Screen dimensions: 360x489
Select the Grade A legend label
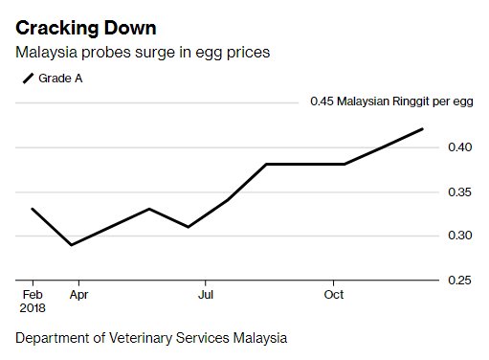coord(60,78)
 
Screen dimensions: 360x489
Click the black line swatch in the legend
coord(26,78)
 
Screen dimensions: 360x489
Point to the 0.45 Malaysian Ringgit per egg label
coord(390,101)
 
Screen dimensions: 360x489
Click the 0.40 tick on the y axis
coord(461,146)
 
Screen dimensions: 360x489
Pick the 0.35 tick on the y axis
coord(461,191)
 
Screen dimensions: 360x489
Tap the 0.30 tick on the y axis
coord(461,236)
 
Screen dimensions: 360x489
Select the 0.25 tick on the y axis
coord(461,280)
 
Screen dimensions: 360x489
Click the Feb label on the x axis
coord(33,294)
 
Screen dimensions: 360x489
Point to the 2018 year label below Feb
coord(33,308)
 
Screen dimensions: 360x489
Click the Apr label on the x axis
coord(78,294)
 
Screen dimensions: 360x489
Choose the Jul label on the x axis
coord(206,294)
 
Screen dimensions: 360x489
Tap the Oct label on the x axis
coord(334,294)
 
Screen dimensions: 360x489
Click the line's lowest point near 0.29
coord(72,244)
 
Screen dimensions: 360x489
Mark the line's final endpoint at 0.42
coord(422,128)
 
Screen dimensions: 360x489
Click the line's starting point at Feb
coord(33,209)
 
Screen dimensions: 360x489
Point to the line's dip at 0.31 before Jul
coord(189,227)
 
